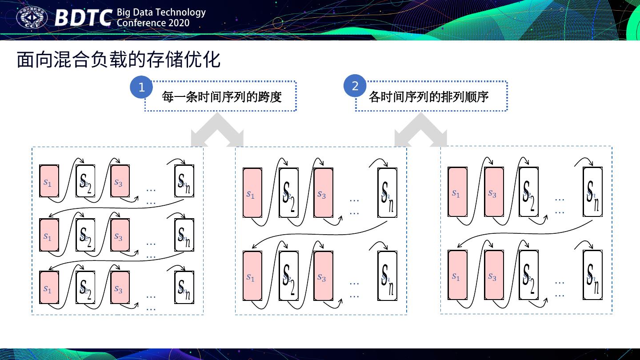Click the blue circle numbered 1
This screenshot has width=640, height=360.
tap(141, 88)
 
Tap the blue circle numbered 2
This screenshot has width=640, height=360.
tap(355, 86)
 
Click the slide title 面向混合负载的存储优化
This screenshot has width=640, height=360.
tap(119, 60)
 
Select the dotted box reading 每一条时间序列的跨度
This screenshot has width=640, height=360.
tap(221, 96)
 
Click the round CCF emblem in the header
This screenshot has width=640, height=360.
tap(32, 18)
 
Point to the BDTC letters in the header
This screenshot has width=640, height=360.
tap(83, 18)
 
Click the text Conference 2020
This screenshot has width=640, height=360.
tap(153, 23)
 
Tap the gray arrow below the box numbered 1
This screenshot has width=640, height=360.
tap(217, 130)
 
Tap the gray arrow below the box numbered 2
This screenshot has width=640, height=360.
tap(421, 130)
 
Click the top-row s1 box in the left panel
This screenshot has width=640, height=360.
tap(49, 181)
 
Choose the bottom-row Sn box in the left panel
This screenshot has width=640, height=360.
tap(184, 287)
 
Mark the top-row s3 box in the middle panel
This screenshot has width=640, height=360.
tap(323, 193)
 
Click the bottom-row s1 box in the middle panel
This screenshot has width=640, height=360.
tap(252, 276)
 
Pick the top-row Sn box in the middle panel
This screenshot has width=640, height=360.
tap(387, 193)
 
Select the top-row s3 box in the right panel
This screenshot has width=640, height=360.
tap(494, 192)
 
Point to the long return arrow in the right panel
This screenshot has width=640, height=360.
tap(524, 234)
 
